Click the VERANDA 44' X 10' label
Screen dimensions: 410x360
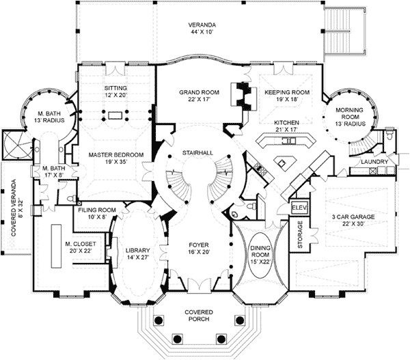pyautogui.click(x=202, y=29)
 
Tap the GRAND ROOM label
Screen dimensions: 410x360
pyautogui.click(x=199, y=92)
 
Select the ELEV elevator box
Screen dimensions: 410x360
pyautogui.click(x=299, y=208)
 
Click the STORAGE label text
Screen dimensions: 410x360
pyautogui.click(x=300, y=234)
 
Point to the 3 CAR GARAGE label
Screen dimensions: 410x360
pyautogui.click(x=353, y=217)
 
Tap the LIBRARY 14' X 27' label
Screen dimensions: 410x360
pyautogui.click(x=137, y=253)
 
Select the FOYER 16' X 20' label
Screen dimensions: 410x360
pyautogui.click(x=199, y=249)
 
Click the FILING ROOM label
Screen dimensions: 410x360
pyautogui.click(x=97, y=210)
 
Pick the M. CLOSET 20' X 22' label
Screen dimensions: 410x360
pyautogui.click(x=81, y=247)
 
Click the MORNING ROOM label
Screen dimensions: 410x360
pyautogui.click(x=349, y=113)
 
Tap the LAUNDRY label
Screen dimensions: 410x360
pyautogui.click(x=374, y=162)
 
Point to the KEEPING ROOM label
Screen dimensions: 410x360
pyautogui.click(x=287, y=92)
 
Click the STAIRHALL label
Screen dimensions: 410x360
pyautogui.click(x=197, y=153)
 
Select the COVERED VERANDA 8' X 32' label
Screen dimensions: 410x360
pyautogui.click(x=17, y=208)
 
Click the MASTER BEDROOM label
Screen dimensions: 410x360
pyautogui.click(x=116, y=155)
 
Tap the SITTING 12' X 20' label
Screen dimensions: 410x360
pyautogui.click(x=115, y=92)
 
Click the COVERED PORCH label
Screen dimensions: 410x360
pyautogui.click(x=198, y=316)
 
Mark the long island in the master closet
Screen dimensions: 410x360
pyautogui.click(x=56, y=246)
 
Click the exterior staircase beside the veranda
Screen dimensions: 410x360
pyautogui.click(x=344, y=31)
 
